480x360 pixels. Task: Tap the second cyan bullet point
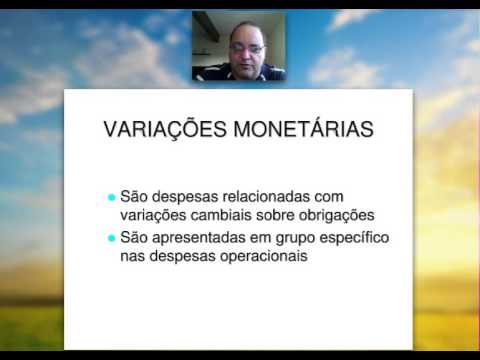click(x=111, y=239)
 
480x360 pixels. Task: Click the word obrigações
click(x=335, y=216)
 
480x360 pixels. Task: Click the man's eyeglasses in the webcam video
click(x=246, y=47)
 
